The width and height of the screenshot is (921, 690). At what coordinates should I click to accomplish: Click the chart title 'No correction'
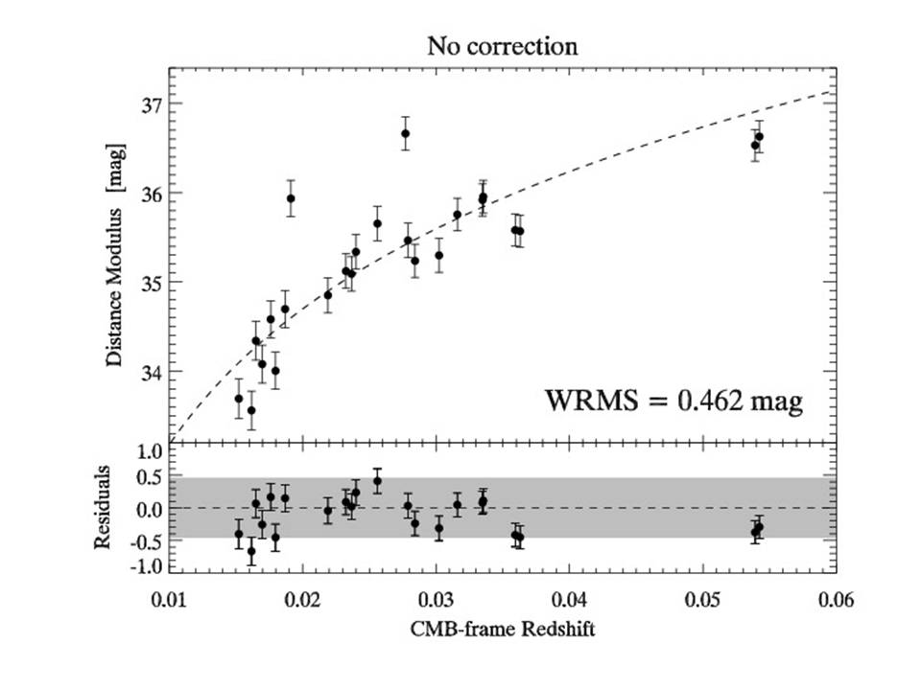[504, 46]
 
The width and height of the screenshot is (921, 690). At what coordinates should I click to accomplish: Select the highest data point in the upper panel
[406, 133]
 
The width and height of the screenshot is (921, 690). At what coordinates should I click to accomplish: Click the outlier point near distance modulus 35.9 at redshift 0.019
[291, 198]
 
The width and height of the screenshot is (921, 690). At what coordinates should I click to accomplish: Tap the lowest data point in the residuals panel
[251, 551]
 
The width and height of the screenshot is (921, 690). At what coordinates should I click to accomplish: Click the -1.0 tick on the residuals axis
[144, 566]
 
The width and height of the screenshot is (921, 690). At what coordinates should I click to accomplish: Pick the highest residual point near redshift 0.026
[378, 481]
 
